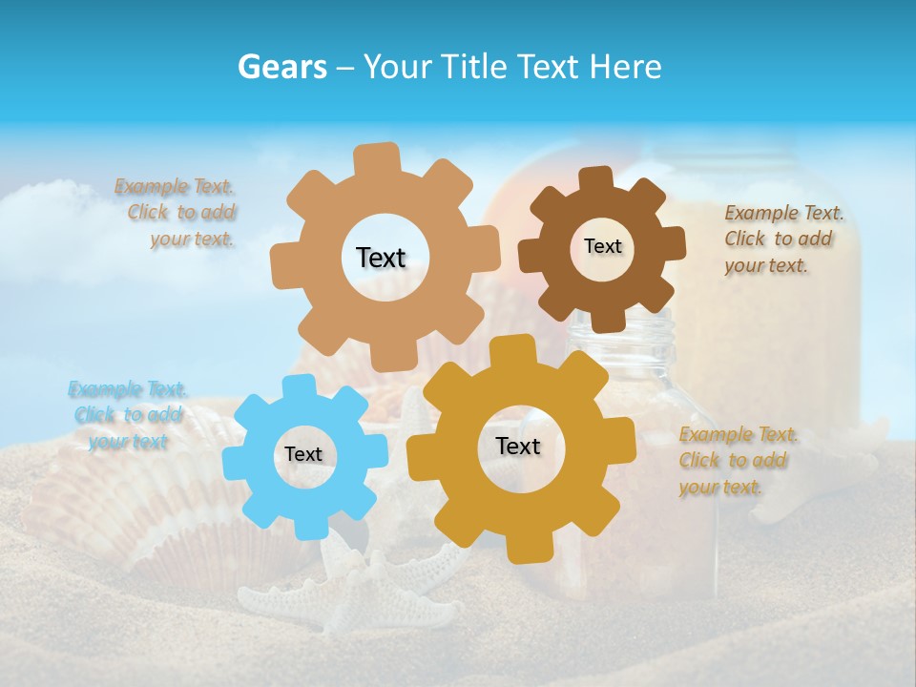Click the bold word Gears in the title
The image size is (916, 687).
(281, 67)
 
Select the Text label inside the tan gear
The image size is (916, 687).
(381, 258)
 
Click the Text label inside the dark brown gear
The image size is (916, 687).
(602, 246)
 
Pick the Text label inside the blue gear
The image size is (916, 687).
(303, 455)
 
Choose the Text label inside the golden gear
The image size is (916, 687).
(518, 447)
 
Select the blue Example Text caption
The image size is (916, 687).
(127, 415)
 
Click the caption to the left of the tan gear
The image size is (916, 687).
(177, 212)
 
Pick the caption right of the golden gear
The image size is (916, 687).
(737, 460)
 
